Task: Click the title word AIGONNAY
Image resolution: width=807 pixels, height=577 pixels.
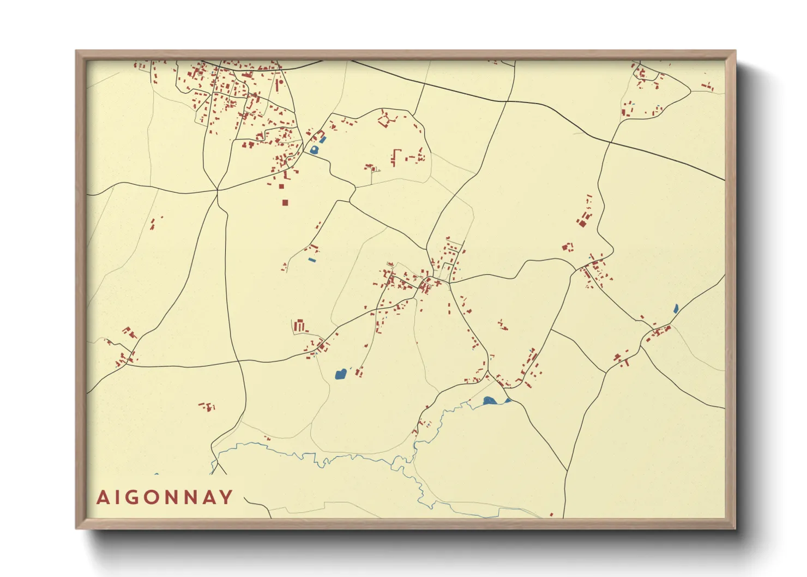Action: coord(165,497)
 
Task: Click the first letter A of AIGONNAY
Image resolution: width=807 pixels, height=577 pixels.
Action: coord(102,497)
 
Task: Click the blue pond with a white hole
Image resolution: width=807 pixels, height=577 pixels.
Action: coord(314,149)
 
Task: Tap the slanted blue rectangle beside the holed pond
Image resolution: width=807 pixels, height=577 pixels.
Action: coord(323,140)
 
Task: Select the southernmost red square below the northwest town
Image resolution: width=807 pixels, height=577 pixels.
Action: coord(285,202)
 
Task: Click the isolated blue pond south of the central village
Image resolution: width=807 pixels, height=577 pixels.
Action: coord(340,374)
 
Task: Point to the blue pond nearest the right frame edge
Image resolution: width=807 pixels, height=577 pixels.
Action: coord(676,309)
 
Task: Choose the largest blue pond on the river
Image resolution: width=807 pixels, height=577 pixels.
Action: coord(489,401)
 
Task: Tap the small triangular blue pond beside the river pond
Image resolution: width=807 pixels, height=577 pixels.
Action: coord(508,400)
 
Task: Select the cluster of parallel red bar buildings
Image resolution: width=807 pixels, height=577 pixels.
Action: coord(299,326)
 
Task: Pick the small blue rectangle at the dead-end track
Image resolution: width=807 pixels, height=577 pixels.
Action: coord(312,260)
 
